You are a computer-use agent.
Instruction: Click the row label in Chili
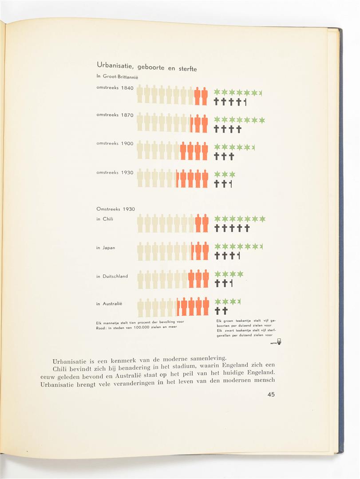pyautogui.click(x=105, y=219)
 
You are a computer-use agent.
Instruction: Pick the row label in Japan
pyautogui.click(x=106, y=247)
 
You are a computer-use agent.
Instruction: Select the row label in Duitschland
pyautogui.click(x=112, y=276)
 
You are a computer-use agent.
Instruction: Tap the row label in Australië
pyautogui.click(x=109, y=304)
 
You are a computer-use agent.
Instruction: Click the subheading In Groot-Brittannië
pyautogui.click(x=115, y=76)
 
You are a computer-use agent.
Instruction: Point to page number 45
pyautogui.click(x=271, y=394)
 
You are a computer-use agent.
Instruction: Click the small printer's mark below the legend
pyautogui.click(x=279, y=342)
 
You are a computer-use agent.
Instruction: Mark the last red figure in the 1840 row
pyautogui.click(x=205, y=96)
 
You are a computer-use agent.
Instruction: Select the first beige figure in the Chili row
pyautogui.click(x=140, y=223)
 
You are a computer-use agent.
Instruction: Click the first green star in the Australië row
pyautogui.click(x=218, y=302)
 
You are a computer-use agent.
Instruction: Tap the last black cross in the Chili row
pyautogui.click(x=247, y=228)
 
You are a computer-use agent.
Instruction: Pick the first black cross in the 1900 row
pyautogui.click(x=217, y=156)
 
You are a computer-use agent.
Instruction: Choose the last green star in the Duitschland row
pyautogui.click(x=240, y=274)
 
